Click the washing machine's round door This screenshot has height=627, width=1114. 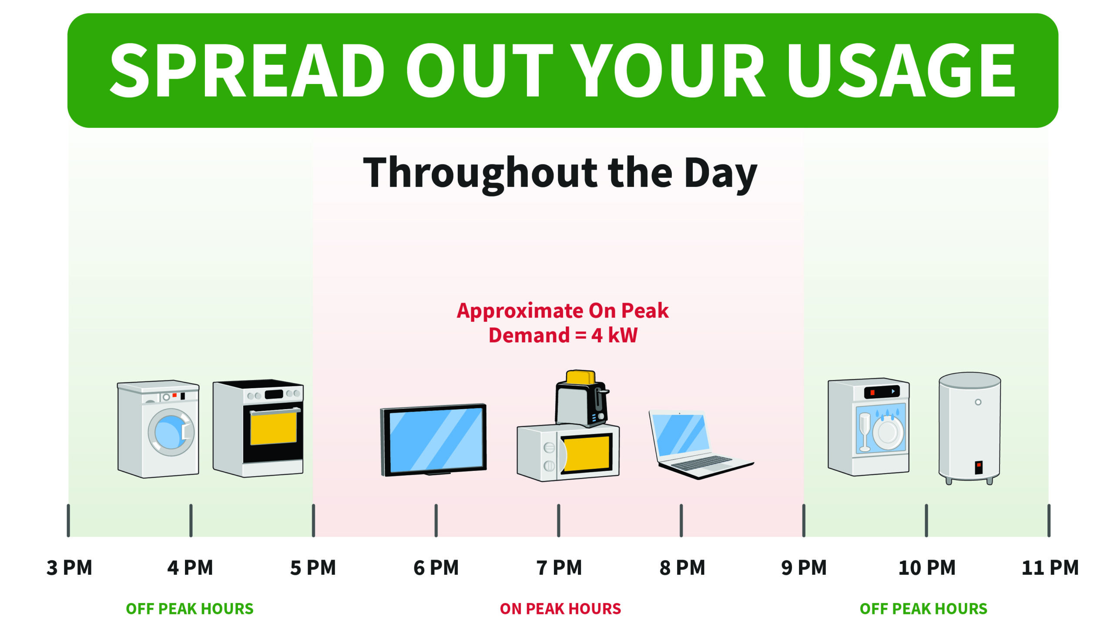[171, 432]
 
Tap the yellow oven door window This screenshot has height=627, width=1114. [274, 428]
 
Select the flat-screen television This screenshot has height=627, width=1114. [433, 440]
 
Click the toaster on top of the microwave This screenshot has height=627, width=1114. [582, 398]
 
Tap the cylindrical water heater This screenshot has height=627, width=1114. [970, 428]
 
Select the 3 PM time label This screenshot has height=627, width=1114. [70, 568]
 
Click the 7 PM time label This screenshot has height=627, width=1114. [559, 568]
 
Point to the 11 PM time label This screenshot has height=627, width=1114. [1050, 568]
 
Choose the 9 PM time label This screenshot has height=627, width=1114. [804, 568]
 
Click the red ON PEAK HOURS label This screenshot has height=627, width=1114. [560, 609]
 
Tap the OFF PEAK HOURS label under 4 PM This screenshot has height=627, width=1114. [190, 609]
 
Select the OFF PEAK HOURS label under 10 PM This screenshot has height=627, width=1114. [923, 609]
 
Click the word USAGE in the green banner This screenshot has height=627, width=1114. [901, 70]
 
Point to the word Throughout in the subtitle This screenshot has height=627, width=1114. [480, 174]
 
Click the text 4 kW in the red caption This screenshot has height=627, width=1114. [614, 335]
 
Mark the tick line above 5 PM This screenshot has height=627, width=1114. [313, 520]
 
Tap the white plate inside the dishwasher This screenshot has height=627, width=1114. [888, 433]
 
